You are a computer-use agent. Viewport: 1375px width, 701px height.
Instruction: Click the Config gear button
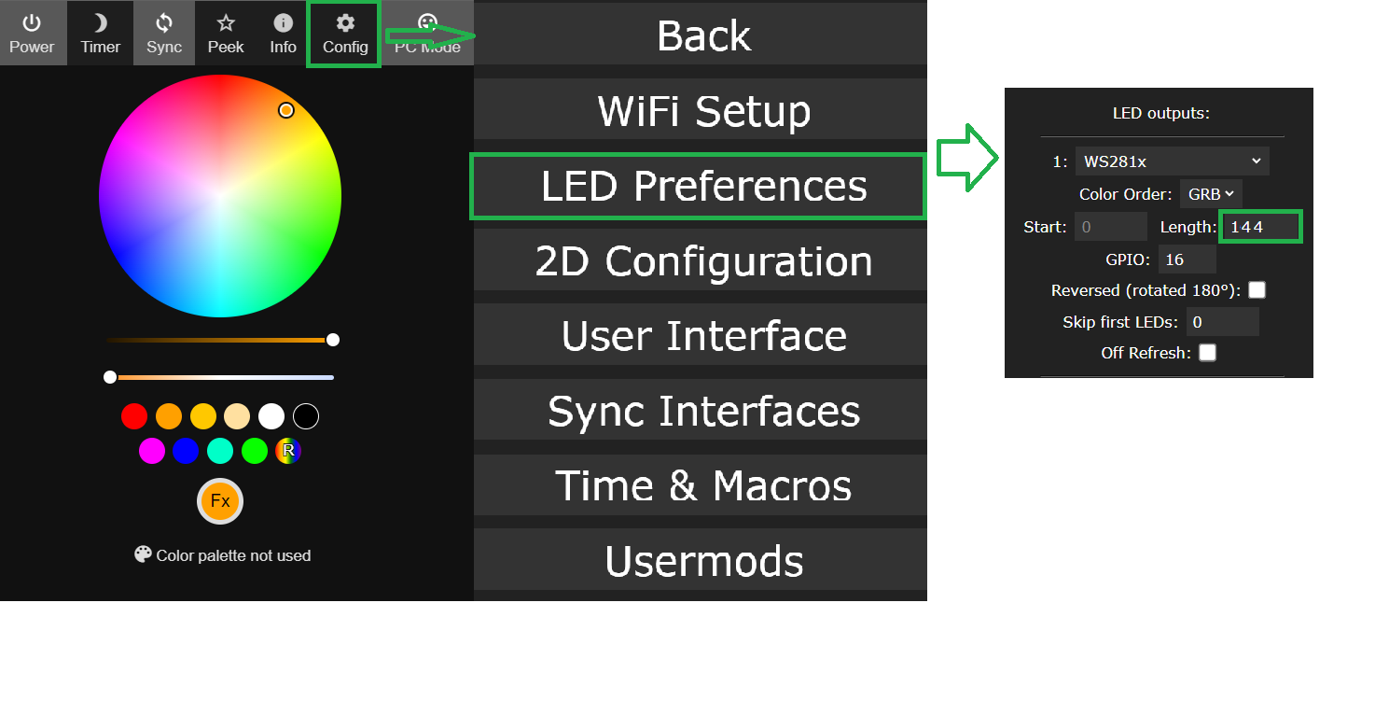click(345, 34)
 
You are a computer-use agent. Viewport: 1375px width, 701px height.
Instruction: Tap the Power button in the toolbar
click(32, 34)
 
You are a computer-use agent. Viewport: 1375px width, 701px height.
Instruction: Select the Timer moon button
click(100, 34)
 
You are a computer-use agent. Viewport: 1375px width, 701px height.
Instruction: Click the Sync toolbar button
click(164, 34)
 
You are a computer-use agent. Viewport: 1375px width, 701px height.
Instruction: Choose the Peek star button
click(225, 34)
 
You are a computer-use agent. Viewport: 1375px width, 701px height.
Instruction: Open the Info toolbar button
click(283, 34)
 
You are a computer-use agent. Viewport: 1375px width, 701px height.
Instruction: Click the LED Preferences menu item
click(699, 186)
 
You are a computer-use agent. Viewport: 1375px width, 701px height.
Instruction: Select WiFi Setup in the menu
click(701, 111)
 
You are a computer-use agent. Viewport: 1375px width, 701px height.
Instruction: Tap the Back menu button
click(701, 35)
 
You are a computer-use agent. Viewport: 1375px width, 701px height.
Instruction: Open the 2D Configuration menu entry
click(701, 261)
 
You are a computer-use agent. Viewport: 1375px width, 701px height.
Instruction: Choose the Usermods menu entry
click(701, 560)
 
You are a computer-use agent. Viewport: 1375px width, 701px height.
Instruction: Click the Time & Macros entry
click(701, 485)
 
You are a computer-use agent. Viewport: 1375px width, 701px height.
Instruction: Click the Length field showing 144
click(1259, 227)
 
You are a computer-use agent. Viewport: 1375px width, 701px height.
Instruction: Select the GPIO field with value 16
click(1187, 259)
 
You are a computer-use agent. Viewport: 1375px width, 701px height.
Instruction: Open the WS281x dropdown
click(1172, 161)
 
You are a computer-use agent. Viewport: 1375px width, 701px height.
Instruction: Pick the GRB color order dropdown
click(1211, 194)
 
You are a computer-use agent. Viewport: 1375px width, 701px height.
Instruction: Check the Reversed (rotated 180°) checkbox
click(1257, 290)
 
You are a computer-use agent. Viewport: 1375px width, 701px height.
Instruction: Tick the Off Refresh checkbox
click(1207, 353)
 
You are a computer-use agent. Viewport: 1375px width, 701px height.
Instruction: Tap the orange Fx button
click(220, 501)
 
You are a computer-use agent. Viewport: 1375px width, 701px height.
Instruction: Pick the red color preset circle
click(134, 416)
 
